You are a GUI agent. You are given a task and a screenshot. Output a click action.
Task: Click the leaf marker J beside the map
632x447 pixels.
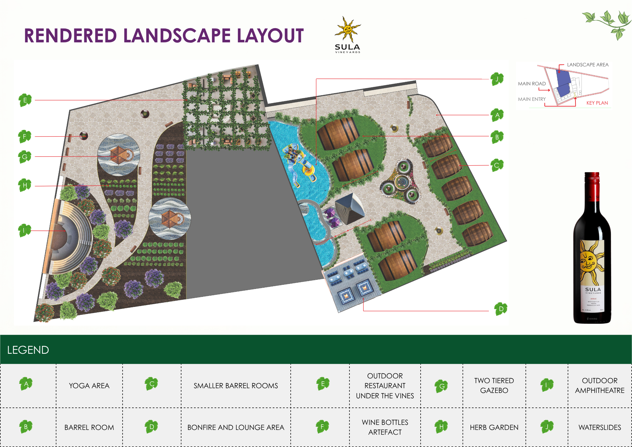(497, 79)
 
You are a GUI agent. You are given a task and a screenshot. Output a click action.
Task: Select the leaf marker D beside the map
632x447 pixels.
(501, 309)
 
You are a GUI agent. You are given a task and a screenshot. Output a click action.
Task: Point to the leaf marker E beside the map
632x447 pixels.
(25, 100)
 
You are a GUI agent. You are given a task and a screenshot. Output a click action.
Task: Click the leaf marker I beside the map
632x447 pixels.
(24, 230)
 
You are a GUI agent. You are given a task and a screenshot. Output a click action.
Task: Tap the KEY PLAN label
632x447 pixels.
(597, 103)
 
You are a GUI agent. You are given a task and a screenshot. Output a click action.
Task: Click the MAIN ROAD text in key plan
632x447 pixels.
(532, 84)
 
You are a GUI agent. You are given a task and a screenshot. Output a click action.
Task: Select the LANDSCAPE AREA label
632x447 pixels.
(587, 65)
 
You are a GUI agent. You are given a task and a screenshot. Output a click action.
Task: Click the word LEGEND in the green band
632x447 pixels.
(28, 350)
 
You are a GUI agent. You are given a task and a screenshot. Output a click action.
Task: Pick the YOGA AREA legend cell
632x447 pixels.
(89, 386)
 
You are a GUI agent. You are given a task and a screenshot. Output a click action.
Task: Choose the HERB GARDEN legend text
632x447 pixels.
(494, 427)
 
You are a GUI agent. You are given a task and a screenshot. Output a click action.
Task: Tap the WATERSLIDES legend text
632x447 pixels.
(599, 427)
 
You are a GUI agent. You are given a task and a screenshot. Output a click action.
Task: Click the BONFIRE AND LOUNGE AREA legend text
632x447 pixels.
(236, 427)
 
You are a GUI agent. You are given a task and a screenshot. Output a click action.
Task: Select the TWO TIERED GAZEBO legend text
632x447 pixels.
(494, 385)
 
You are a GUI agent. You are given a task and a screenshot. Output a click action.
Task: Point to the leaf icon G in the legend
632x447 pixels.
(441, 386)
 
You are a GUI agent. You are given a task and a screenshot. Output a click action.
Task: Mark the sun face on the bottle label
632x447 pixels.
(588, 261)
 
